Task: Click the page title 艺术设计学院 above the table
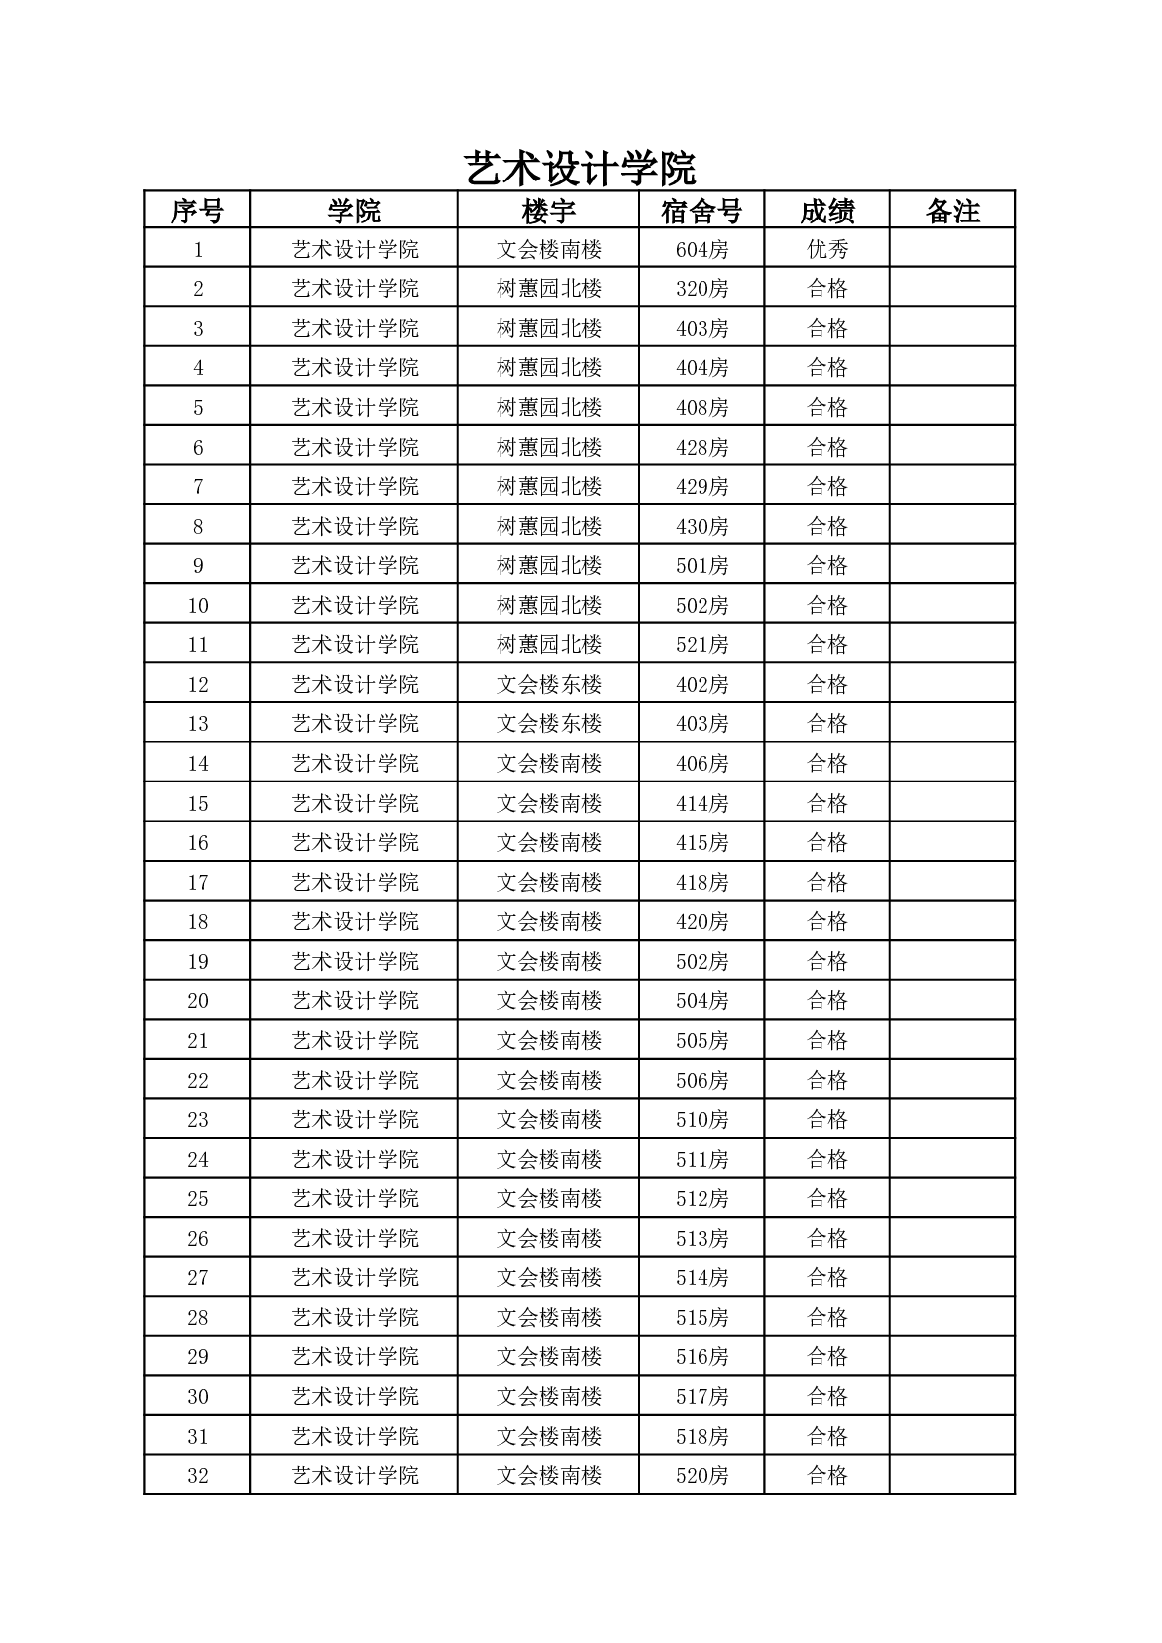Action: pos(580,169)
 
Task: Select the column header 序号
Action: pos(197,211)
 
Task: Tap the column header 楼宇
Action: pos(548,211)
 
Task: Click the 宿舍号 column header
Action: pos(701,211)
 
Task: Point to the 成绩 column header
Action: pos(827,211)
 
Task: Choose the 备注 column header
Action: pos(952,211)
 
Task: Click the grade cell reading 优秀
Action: pos(827,249)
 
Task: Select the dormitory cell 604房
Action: pos(701,249)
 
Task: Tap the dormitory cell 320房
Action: pos(701,289)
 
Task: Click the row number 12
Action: pos(198,684)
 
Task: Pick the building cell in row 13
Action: pos(548,724)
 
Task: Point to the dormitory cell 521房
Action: pos(701,645)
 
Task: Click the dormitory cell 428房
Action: pos(701,447)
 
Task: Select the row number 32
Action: pos(198,1475)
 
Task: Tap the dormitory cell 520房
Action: pos(701,1475)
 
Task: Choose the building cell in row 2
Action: pos(548,289)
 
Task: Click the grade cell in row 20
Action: pos(827,1001)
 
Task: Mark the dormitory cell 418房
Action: pos(701,882)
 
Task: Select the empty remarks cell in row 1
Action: pos(952,249)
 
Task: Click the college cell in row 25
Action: pos(354,1199)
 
